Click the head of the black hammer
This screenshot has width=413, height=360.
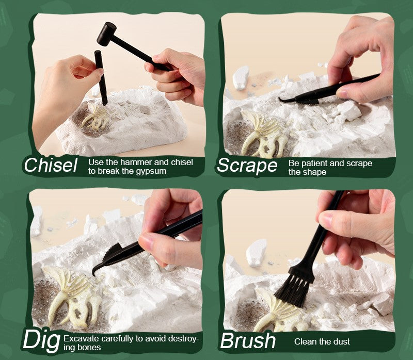point(106,34)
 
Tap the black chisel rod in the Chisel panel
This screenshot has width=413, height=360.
point(101,78)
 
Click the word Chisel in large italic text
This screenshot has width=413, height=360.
point(51,165)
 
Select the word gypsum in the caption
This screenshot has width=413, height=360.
point(151,171)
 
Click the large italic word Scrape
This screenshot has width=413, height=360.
point(247,166)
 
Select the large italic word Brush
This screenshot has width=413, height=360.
point(248,341)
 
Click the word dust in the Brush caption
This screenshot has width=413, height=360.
point(342,341)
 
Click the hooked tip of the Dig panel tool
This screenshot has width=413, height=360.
point(94,272)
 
